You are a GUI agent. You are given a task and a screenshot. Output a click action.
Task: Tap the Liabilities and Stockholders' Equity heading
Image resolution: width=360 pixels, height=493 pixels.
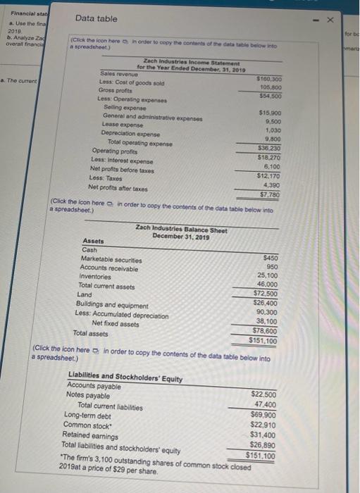[x=125, y=379]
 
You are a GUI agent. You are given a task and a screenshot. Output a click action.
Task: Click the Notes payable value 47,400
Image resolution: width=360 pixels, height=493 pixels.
[x=263, y=404]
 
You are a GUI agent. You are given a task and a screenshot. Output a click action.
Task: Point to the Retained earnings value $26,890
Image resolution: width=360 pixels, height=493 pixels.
[x=262, y=445]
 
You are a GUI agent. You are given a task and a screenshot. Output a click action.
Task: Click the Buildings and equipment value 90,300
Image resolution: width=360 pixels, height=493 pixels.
[x=265, y=312]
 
